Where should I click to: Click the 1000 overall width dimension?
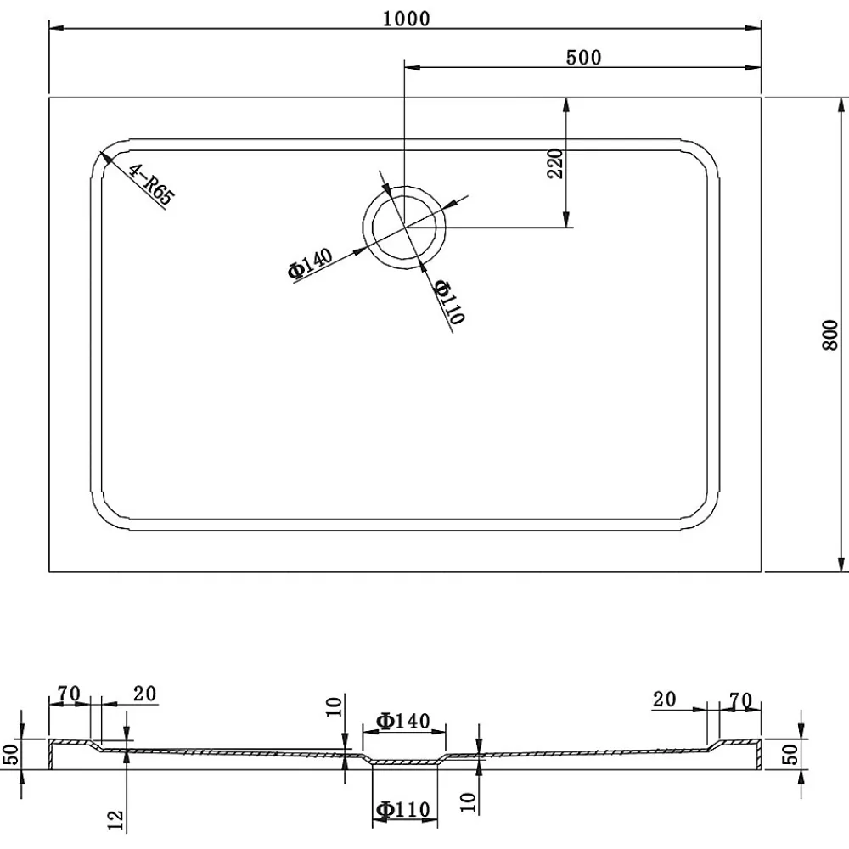point(406,19)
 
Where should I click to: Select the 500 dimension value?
point(584,58)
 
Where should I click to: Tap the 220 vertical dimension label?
point(555,164)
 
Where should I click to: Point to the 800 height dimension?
point(830,335)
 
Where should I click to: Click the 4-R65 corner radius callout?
point(150,184)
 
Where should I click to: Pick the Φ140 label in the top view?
point(310,264)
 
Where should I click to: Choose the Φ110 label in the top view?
point(450,302)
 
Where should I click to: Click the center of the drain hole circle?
point(404,228)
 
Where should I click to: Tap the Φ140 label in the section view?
point(402,721)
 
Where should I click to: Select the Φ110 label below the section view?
point(402,810)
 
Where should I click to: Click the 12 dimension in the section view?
point(116,821)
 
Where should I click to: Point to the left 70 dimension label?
point(69,693)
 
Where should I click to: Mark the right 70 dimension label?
point(740,701)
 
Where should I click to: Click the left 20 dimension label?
point(144,694)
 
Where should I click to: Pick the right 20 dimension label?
point(665,699)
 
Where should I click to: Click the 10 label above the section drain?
point(334,707)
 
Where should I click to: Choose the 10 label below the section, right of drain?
point(469,802)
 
